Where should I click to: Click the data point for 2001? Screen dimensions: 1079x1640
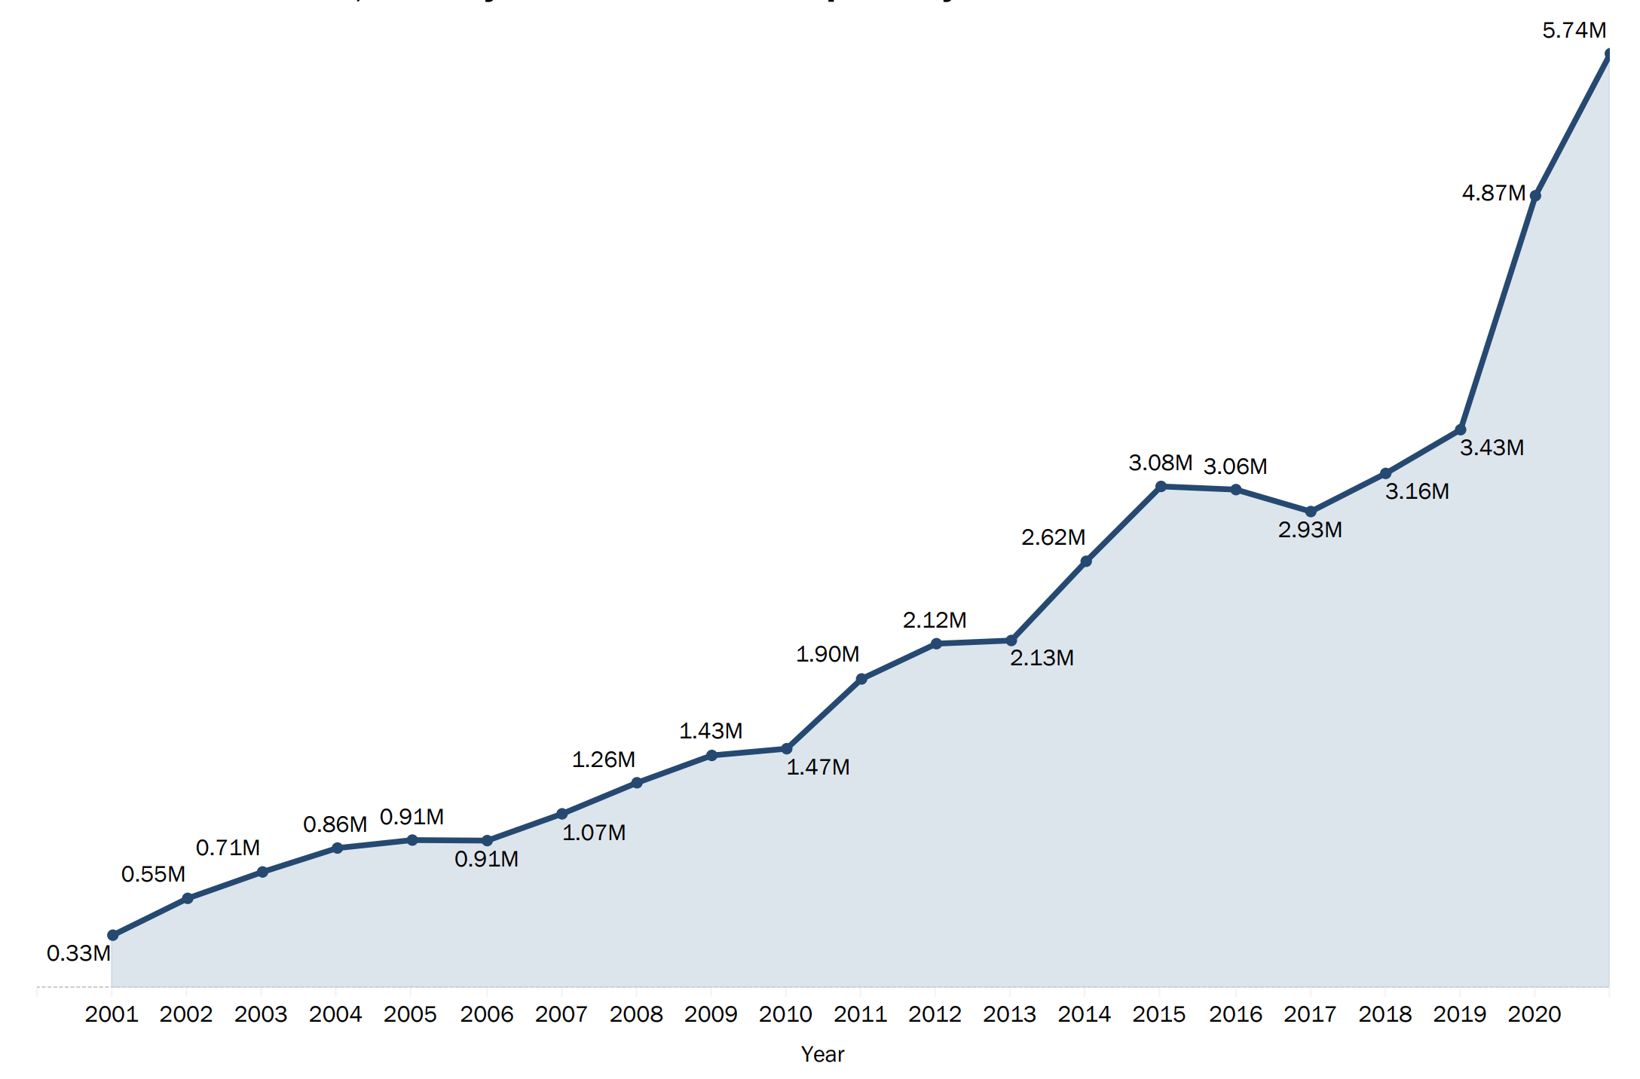112,935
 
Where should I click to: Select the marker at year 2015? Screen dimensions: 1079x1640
1161,487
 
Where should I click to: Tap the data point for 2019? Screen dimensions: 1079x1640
1460,429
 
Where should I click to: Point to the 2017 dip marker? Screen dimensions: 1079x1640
1311,512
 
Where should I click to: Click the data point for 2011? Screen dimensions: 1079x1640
861,679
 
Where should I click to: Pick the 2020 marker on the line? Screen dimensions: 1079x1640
1535,196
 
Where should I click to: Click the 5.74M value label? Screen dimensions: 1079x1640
1574,31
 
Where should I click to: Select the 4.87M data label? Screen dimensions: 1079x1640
1493,194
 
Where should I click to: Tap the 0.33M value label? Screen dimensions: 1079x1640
78,954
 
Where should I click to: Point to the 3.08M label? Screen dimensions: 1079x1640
1160,463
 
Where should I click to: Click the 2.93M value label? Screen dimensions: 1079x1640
1310,530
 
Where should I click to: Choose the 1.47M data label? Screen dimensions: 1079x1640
818,768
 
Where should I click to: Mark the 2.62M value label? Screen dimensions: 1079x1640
1053,538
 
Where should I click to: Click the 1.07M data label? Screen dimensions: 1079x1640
594,833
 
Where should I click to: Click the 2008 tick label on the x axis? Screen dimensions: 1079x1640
636,1015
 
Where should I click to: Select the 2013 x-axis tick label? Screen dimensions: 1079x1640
1010,1015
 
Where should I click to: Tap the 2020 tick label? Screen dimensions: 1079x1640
1534,1015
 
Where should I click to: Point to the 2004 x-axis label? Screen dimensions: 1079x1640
336,1015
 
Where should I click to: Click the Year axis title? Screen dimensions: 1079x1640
822,1055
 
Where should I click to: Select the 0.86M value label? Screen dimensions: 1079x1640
335,825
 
